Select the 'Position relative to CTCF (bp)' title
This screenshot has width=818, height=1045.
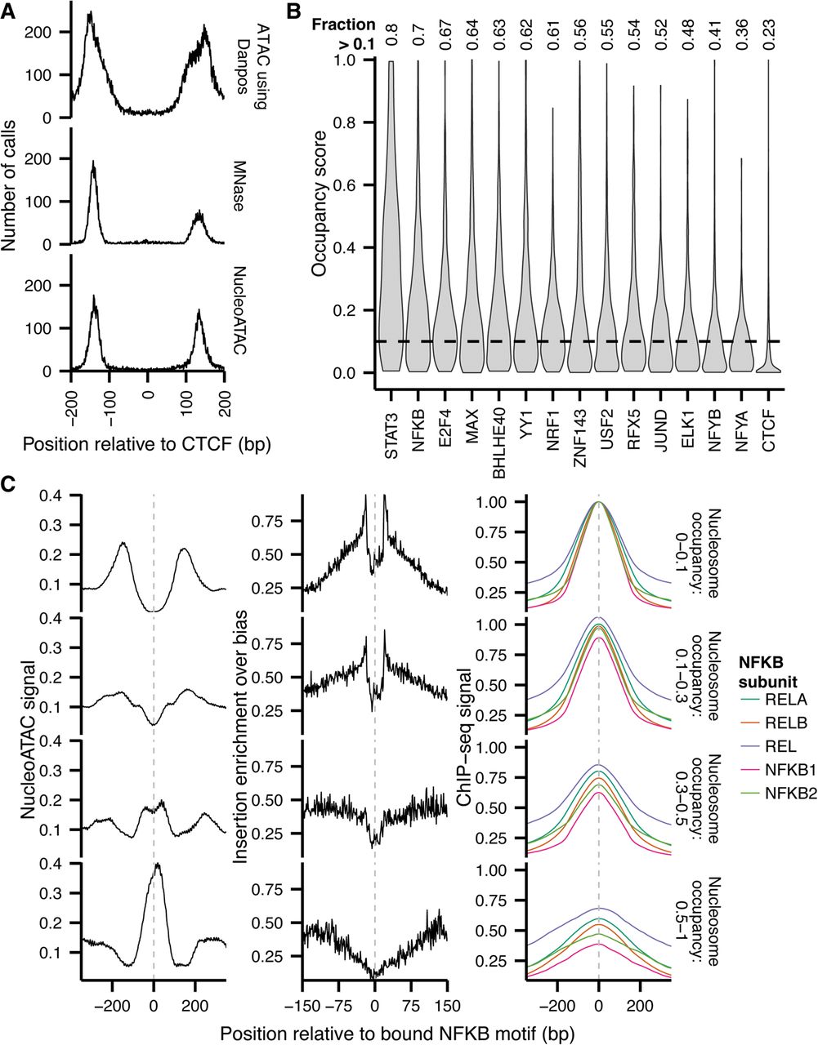[147, 443]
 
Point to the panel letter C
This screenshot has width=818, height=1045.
[10, 483]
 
